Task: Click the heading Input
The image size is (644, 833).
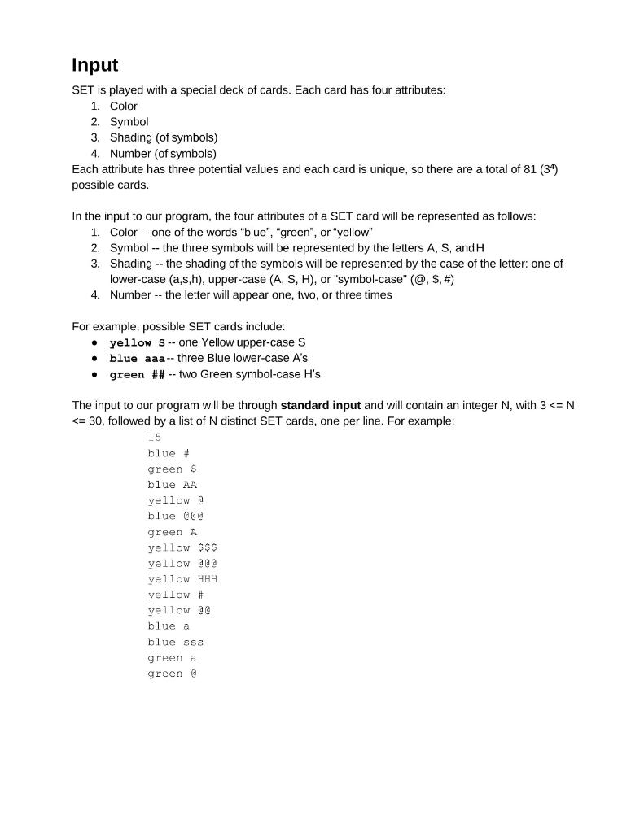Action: pyautogui.click(x=95, y=65)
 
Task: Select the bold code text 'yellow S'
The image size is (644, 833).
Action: pyautogui.click(x=131, y=342)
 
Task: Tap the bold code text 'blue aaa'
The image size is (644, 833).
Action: pyautogui.click(x=137, y=359)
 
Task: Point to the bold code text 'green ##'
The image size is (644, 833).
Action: pyautogui.click(x=137, y=375)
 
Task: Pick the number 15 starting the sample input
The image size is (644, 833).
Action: pyautogui.click(x=155, y=438)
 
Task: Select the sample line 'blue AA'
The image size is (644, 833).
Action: pyautogui.click(x=172, y=485)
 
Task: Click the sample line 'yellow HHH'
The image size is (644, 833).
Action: pyautogui.click(x=182, y=579)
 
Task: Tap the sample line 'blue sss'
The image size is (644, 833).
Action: pyautogui.click(x=175, y=642)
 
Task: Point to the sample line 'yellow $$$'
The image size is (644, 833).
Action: pyautogui.click(x=182, y=547)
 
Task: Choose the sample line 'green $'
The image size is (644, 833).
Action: pyautogui.click(x=172, y=469)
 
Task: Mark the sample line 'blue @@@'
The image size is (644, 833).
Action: pyautogui.click(x=175, y=516)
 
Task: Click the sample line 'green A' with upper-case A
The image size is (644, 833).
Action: pyautogui.click(x=172, y=532)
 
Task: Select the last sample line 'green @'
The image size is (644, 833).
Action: pyautogui.click(x=172, y=674)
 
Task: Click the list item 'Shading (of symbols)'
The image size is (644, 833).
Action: pyautogui.click(x=164, y=137)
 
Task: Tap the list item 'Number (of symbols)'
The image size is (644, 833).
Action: pyautogui.click(x=163, y=153)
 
